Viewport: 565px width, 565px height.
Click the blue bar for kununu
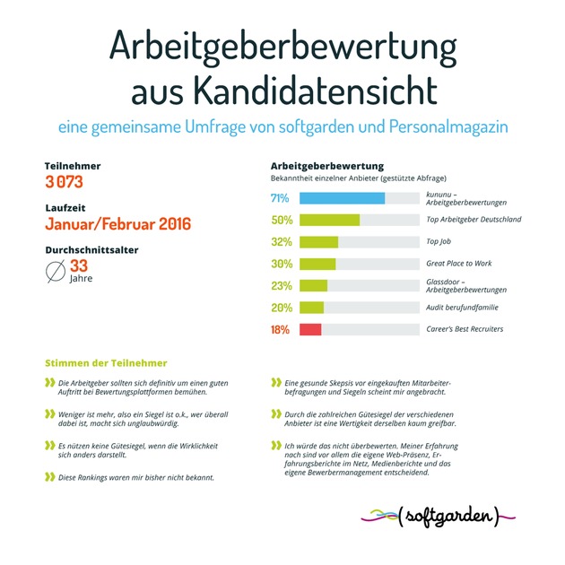(342, 198)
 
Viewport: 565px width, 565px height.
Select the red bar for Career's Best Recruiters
(310, 329)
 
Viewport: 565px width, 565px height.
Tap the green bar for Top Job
(318, 241)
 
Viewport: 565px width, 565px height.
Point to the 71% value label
(281, 198)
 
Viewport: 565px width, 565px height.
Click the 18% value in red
(281, 329)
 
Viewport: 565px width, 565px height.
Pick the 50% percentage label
(282, 220)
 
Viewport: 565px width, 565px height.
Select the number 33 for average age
(80, 265)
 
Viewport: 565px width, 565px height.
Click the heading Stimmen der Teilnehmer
(106, 363)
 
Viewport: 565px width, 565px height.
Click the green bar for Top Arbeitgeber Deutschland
(329, 220)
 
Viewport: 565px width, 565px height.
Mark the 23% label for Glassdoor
(281, 285)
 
